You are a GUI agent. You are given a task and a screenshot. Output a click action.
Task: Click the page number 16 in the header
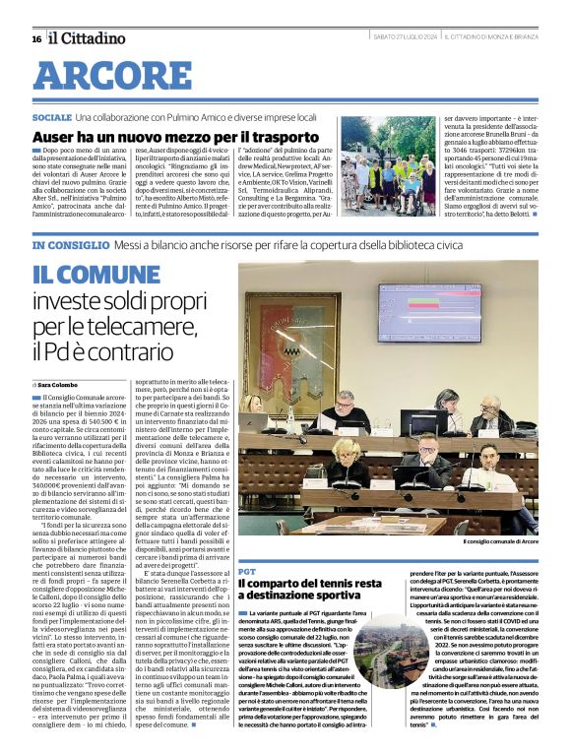pos(36,38)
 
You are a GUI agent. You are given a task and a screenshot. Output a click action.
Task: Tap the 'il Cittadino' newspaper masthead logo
pos(88,38)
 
